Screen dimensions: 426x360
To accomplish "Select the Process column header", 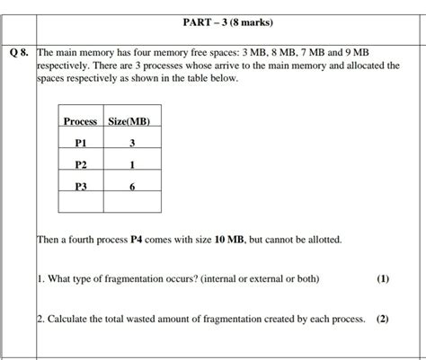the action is (x=80, y=120).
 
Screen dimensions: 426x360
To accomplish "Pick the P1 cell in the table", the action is (x=80, y=142).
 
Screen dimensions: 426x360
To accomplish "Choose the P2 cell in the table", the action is (x=80, y=164).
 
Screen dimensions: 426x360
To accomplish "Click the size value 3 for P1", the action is (x=131, y=142).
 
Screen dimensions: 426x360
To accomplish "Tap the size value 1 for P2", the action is (x=131, y=164).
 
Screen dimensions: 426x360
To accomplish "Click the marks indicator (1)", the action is (x=384, y=279).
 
